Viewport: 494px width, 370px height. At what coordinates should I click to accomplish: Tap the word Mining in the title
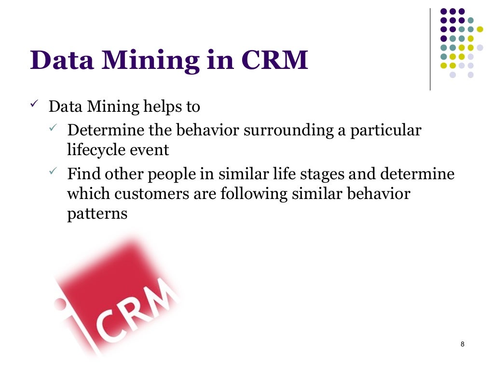click(150, 61)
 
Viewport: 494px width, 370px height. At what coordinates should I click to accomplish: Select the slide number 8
click(463, 344)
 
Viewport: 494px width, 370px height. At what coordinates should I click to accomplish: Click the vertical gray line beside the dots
click(430, 48)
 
